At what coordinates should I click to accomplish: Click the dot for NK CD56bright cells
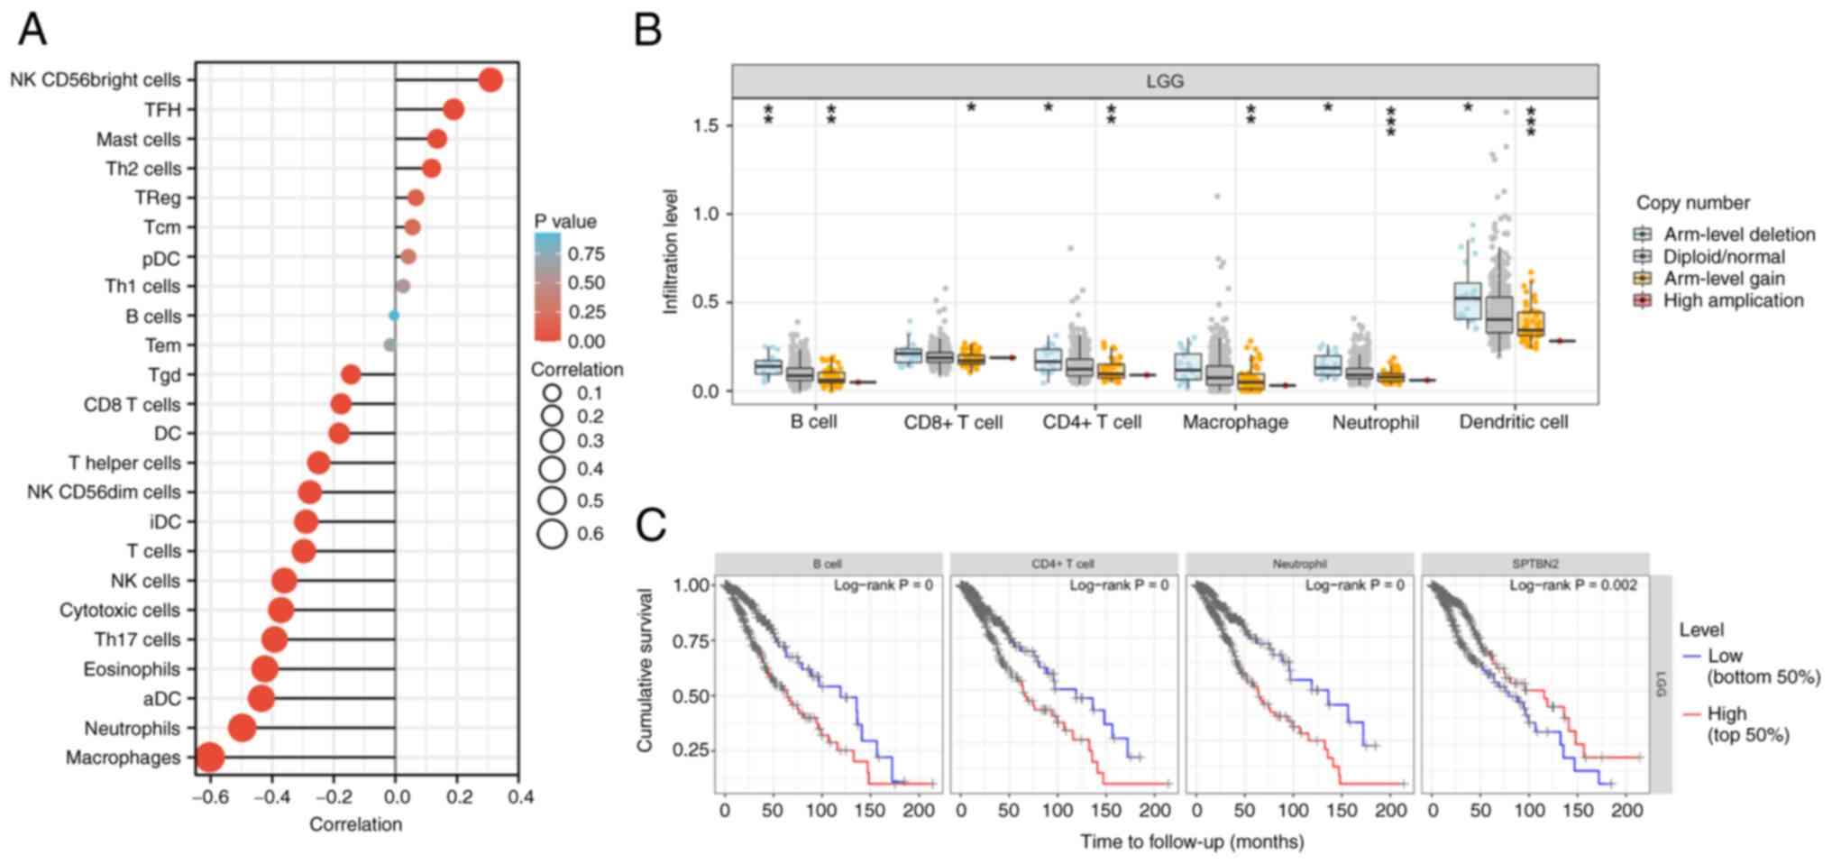point(490,80)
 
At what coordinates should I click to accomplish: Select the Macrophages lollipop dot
point(209,758)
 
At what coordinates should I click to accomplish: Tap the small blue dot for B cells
point(394,316)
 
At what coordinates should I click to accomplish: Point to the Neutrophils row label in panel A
point(132,728)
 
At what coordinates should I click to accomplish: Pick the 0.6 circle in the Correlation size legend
point(552,534)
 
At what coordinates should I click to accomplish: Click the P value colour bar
point(546,287)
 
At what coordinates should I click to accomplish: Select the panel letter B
point(648,29)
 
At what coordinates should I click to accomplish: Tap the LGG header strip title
point(1164,81)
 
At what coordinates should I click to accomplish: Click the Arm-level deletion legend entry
point(1739,234)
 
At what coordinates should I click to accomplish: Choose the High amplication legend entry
point(1733,300)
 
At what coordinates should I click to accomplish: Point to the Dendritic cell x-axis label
point(1513,422)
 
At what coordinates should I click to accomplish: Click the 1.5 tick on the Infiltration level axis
point(706,125)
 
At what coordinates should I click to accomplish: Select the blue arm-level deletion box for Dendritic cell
point(1467,300)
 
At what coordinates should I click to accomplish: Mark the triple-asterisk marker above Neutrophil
point(1390,122)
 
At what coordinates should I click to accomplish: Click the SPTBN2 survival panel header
point(1534,564)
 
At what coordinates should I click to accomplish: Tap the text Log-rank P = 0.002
point(1573,585)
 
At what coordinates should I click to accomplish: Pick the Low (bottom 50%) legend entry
point(1762,666)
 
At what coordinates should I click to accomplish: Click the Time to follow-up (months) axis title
point(1192,842)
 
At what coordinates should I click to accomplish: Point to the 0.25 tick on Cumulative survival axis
point(692,750)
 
